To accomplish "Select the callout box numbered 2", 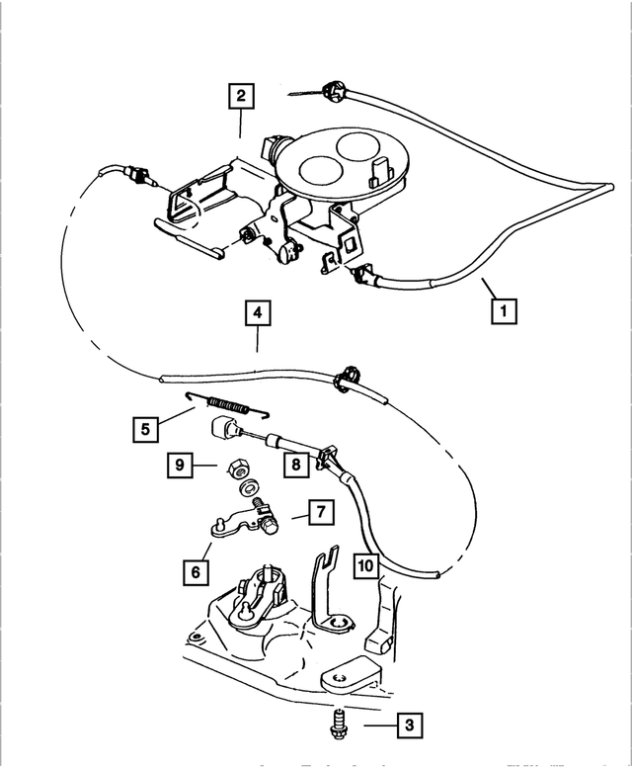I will click(240, 97).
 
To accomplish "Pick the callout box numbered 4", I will click(256, 314).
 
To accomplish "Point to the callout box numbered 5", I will click(145, 430).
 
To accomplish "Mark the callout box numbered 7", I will click(321, 512).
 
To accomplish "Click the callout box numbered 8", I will click(292, 464).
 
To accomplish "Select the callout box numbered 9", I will click(179, 462).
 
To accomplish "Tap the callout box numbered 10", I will click(364, 564).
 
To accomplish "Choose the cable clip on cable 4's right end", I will click(350, 377).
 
